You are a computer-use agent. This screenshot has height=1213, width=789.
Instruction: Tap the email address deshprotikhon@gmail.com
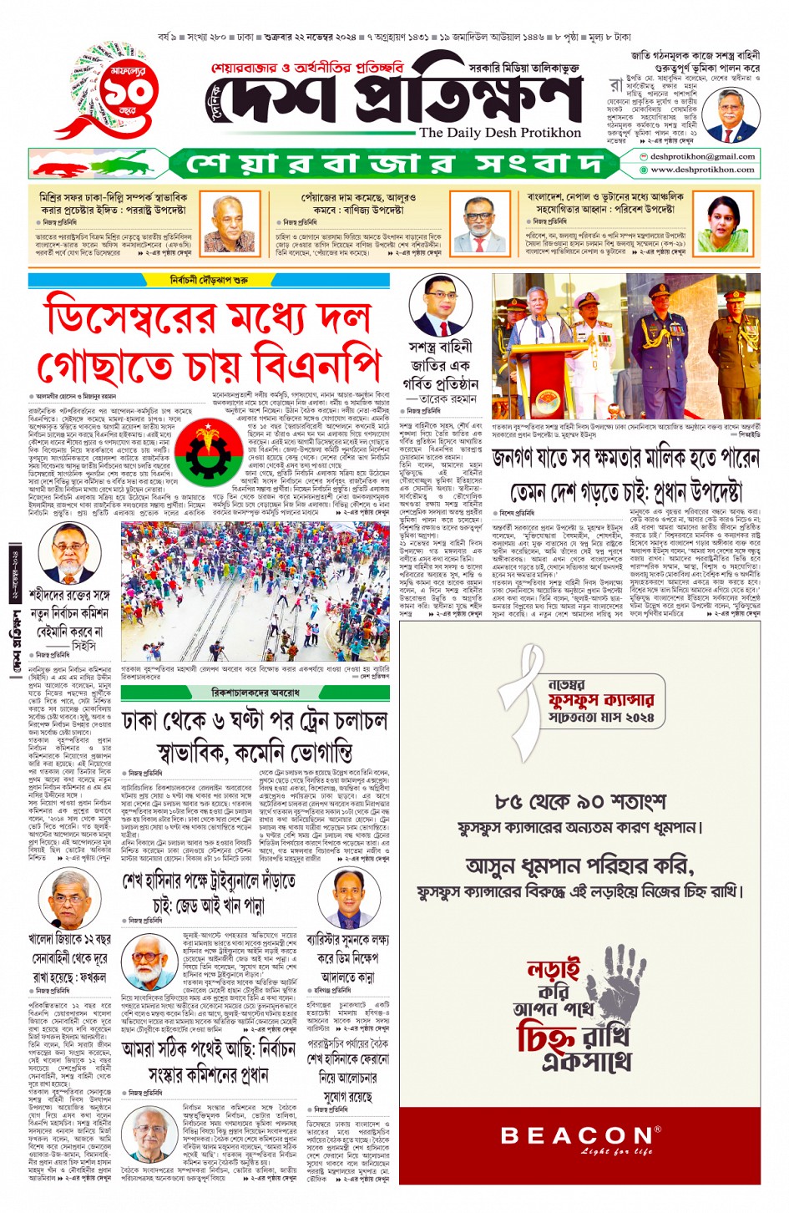click(702, 156)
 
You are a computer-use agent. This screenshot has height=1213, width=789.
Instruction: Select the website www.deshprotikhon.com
click(702, 170)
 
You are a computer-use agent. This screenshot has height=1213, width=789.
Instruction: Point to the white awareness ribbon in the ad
click(527, 713)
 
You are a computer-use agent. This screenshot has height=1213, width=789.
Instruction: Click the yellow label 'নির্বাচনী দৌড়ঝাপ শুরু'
click(209, 280)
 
